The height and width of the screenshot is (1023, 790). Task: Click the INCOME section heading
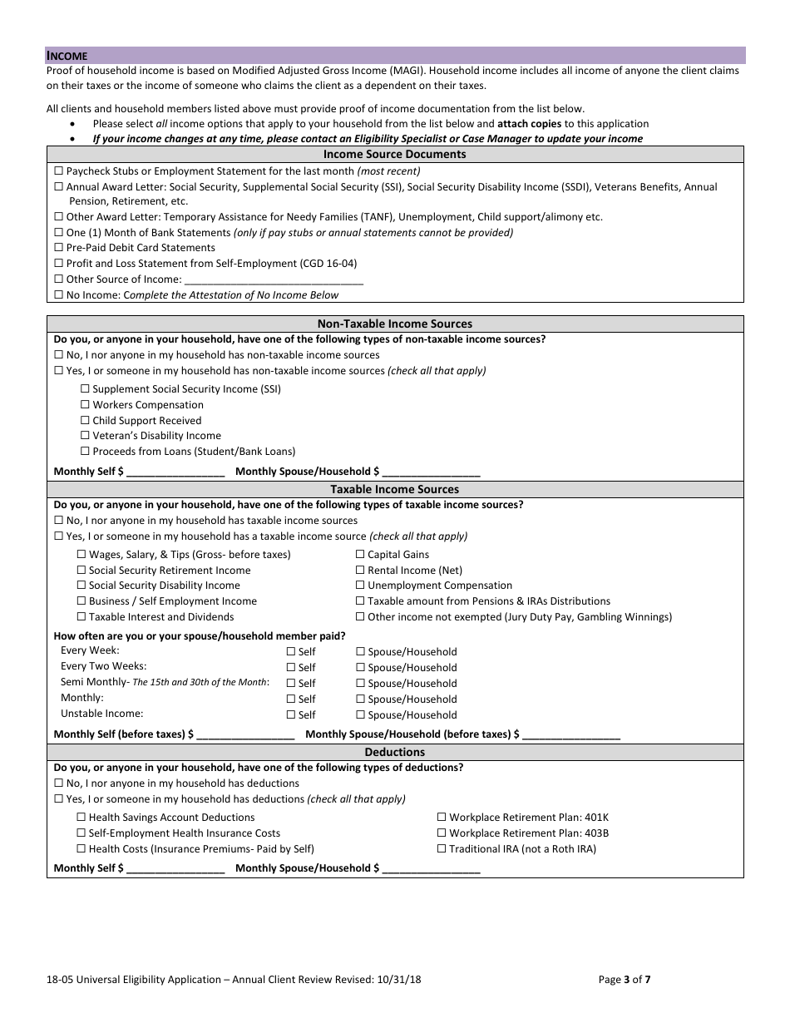(x=67, y=56)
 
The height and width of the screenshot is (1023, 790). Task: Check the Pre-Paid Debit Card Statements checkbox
(x=58, y=248)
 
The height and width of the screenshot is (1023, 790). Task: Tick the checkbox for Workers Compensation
(x=85, y=405)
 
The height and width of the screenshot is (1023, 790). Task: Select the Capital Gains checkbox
(x=360, y=555)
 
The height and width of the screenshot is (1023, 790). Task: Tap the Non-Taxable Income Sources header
(x=395, y=324)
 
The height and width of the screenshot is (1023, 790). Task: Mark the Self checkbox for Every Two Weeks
(x=291, y=668)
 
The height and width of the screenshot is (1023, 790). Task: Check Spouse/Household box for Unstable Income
(x=360, y=715)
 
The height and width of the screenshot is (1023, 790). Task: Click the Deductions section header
(x=395, y=753)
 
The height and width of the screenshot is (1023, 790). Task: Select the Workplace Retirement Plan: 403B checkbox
(x=442, y=833)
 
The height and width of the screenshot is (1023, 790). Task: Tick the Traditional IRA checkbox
(x=442, y=849)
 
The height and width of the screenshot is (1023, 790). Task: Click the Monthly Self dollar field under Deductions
(x=175, y=869)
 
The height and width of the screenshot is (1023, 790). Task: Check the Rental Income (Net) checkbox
(x=360, y=571)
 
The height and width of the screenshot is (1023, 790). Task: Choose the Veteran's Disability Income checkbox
(x=85, y=436)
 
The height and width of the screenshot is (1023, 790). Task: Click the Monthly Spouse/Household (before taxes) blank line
(x=571, y=735)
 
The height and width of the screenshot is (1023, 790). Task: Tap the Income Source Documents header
(x=395, y=155)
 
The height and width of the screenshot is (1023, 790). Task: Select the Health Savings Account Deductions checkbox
(x=81, y=818)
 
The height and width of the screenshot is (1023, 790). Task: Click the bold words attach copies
(x=529, y=124)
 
